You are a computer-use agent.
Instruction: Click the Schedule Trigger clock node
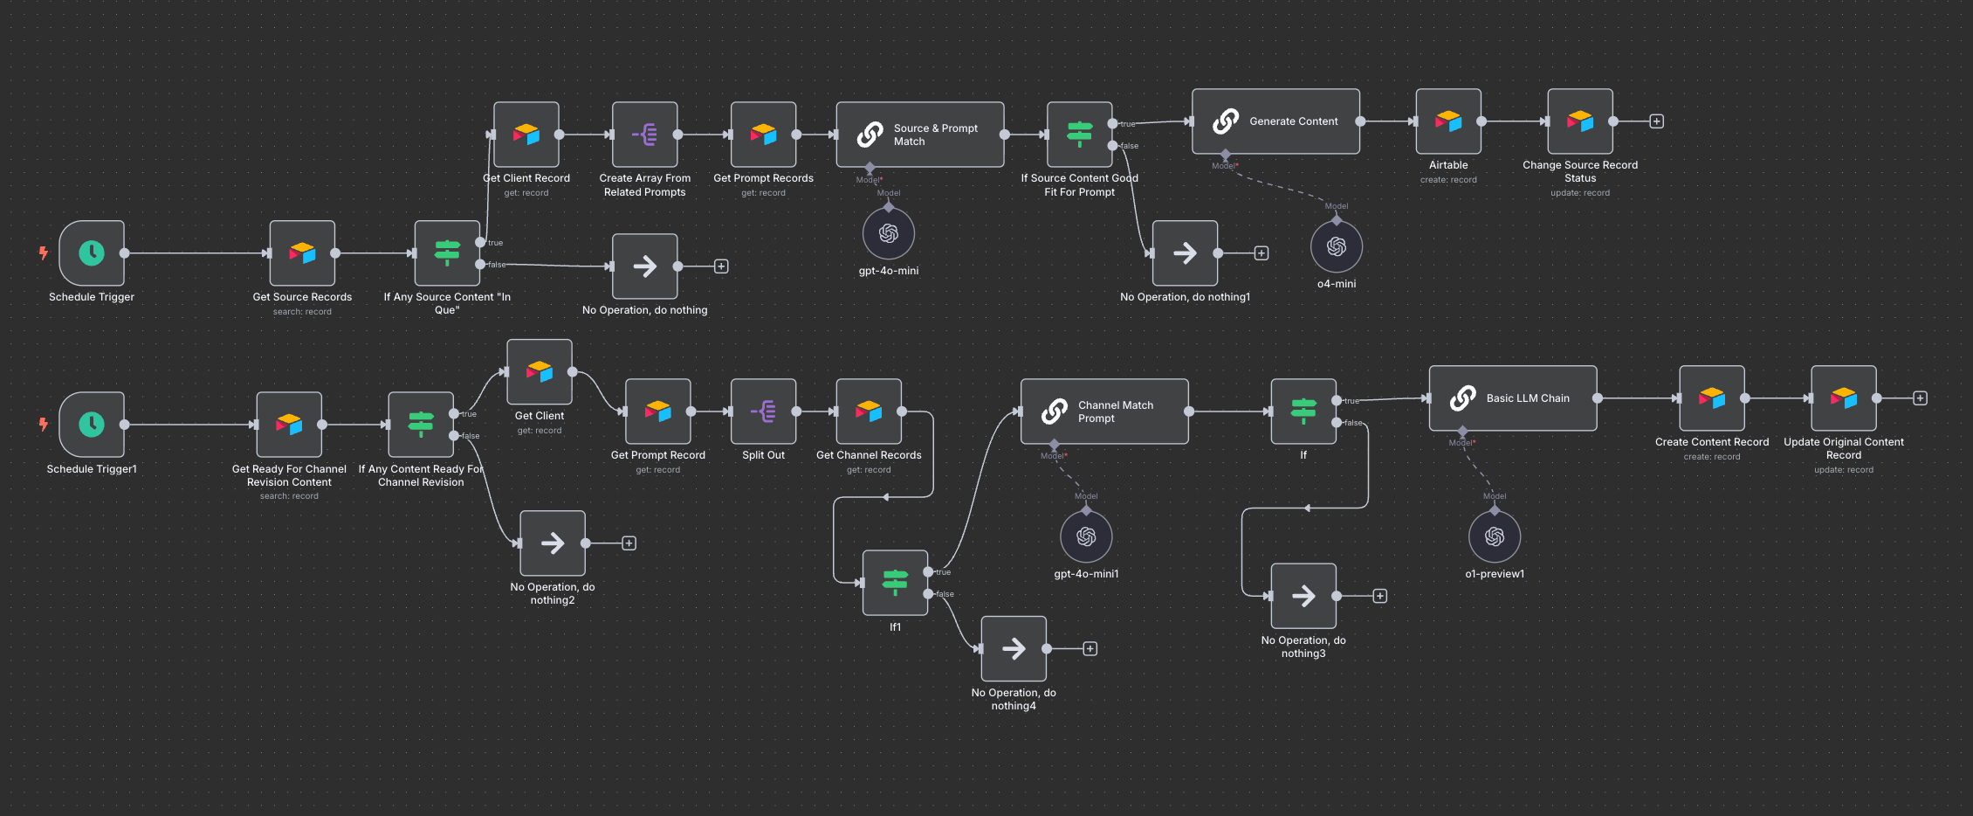(92, 253)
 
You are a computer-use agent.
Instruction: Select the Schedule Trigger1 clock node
(92, 425)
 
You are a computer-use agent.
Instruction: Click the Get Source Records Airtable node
(302, 253)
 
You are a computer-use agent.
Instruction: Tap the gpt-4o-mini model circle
(889, 233)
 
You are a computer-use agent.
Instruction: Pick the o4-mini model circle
(1337, 246)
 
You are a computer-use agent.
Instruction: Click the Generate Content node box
(1275, 121)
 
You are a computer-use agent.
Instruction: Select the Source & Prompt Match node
(920, 135)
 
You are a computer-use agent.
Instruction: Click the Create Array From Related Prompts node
(645, 135)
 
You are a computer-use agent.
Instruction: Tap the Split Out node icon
(764, 411)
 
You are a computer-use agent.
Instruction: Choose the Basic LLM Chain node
(1513, 398)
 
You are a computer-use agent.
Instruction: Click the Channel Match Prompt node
(1104, 411)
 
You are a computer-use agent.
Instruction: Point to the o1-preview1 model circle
(1495, 536)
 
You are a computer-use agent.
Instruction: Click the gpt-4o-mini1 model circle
(1086, 536)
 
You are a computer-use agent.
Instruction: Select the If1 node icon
(895, 583)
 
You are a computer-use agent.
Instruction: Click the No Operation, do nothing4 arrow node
(1014, 648)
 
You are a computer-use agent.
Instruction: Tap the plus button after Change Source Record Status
(1656, 121)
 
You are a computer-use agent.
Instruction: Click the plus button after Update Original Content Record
(1920, 398)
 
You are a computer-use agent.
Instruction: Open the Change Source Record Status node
(1580, 121)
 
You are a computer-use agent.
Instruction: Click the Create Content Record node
(1712, 398)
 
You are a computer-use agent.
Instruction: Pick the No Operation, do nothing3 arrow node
(1303, 596)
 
